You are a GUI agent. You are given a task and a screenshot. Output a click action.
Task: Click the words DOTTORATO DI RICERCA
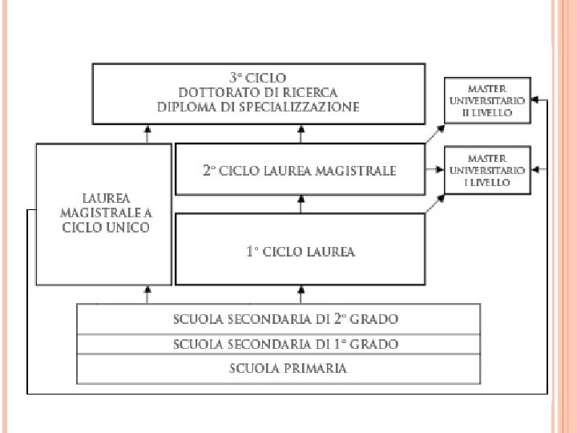coord(258,92)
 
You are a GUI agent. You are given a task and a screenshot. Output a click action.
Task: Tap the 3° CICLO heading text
coord(258,79)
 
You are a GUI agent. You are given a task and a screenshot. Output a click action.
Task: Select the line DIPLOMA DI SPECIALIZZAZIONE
coord(258,107)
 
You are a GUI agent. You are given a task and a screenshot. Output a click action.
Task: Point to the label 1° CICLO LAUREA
coord(301,252)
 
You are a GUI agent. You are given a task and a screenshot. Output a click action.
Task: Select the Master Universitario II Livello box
coord(487,100)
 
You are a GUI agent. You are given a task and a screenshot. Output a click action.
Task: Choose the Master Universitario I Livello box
coord(487,170)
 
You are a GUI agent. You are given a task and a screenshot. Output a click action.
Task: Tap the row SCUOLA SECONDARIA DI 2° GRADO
coord(286,319)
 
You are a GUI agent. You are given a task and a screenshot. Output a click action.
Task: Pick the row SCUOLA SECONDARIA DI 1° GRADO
coord(286,345)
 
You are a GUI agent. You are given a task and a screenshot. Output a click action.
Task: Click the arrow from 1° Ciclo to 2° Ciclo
coord(301,204)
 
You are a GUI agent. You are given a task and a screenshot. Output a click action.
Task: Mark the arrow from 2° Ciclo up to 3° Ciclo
coord(301,134)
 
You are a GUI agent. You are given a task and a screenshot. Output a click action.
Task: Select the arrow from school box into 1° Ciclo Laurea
coord(301,294)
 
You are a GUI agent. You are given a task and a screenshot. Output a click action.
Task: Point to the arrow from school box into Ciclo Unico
coord(147,294)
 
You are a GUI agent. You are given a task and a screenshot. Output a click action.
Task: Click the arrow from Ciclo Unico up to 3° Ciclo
coord(147,134)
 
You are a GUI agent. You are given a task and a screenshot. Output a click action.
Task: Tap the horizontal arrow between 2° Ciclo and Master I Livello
coord(435,170)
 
